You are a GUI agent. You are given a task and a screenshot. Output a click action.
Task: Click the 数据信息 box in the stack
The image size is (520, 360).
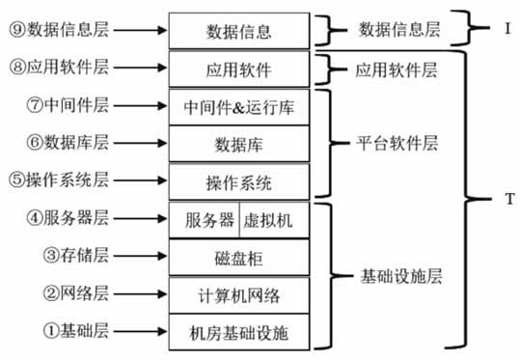(240, 31)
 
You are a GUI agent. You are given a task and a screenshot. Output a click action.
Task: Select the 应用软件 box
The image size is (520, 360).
(240, 69)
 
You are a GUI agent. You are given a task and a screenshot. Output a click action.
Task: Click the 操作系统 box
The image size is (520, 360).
(240, 181)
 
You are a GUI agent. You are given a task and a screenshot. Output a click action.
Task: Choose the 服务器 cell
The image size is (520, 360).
(208, 219)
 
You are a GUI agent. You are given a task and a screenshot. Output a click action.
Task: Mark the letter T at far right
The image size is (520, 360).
(508, 200)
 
